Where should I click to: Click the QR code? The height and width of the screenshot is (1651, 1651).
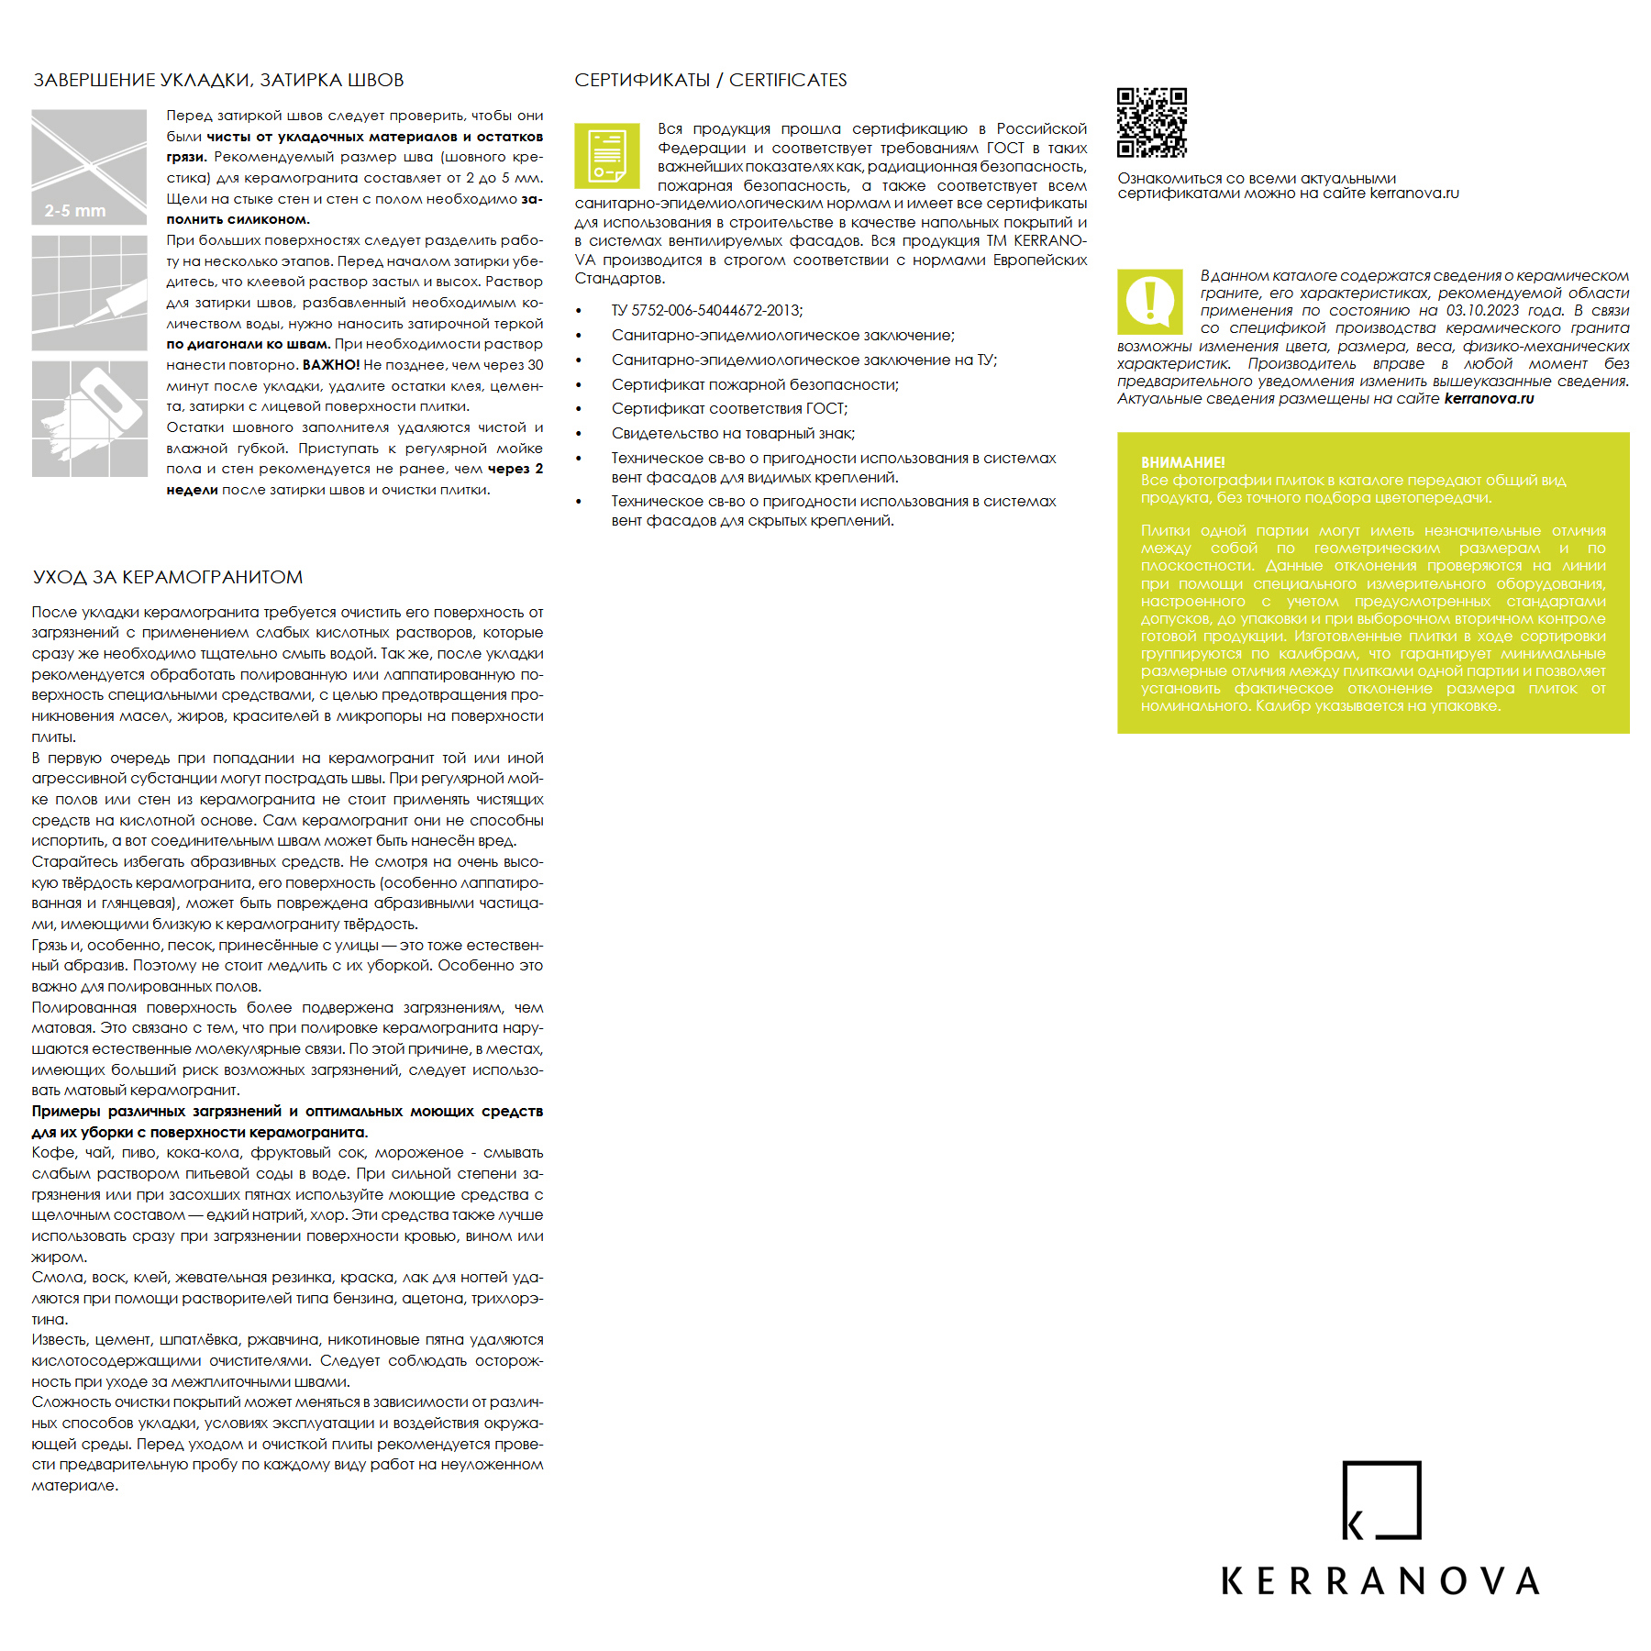coord(1151,122)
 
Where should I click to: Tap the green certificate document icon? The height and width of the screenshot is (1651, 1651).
coord(607,156)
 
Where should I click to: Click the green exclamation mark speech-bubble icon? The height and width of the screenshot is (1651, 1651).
coord(1149,302)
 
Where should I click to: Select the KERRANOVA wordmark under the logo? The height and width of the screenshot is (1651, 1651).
coord(1380,1580)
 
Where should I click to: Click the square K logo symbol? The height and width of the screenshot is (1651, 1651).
coord(1380,1500)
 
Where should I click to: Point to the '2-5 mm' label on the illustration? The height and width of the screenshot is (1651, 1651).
coord(75,211)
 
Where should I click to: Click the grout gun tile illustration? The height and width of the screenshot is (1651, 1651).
coord(89,293)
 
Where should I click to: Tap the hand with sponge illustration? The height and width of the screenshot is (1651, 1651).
coord(89,418)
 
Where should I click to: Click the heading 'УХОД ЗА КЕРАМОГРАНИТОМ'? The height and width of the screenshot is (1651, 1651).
coord(168,577)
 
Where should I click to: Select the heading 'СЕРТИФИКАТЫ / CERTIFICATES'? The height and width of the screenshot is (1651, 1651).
coord(710,80)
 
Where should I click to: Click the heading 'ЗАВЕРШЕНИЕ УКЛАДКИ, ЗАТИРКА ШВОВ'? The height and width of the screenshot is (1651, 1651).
coord(218,80)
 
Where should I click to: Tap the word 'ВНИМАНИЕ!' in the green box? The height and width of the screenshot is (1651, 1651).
coord(1182,462)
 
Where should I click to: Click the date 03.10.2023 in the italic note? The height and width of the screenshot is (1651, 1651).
coord(1481,310)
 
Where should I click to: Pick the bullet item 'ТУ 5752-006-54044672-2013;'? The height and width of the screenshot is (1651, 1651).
coord(706,310)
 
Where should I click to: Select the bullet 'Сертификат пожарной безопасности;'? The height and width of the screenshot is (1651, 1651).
coord(755,384)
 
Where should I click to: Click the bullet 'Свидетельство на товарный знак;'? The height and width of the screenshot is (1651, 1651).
coord(733,433)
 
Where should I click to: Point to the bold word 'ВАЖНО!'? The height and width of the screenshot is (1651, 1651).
coord(330,365)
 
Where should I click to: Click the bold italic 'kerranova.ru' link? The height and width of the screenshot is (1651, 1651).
coord(1489,398)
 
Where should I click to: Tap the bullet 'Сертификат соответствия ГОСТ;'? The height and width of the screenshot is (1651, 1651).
coord(729,408)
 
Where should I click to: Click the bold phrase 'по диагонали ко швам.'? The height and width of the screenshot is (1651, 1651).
coord(248,344)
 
